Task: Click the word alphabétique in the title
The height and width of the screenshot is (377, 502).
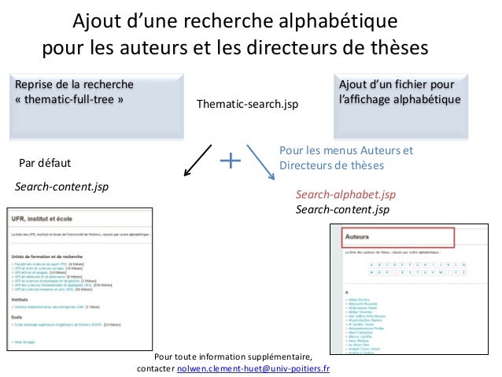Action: (333, 18)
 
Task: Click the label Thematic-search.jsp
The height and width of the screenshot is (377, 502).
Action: (248, 105)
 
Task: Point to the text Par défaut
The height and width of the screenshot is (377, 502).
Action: (44, 164)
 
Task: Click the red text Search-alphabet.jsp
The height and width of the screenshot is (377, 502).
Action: (345, 194)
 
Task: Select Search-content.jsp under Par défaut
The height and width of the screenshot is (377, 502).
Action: (62, 187)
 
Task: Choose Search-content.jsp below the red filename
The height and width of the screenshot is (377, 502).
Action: (342, 209)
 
